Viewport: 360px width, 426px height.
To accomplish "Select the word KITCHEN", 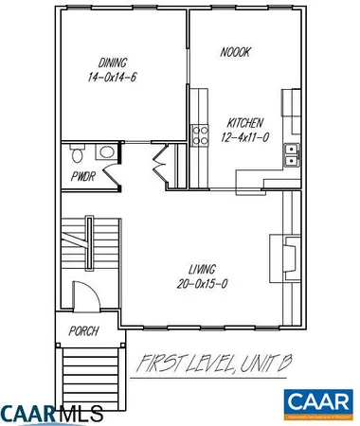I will [243, 122].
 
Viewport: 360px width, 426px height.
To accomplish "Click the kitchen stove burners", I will [201, 134].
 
